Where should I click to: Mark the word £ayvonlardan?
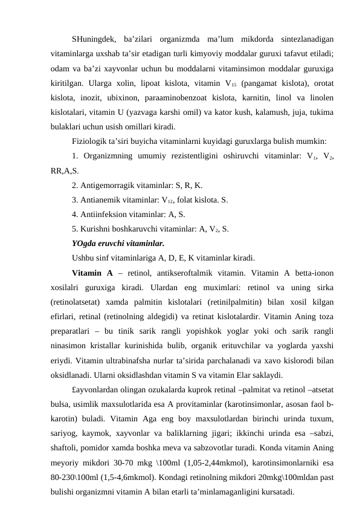pos(98,391)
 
